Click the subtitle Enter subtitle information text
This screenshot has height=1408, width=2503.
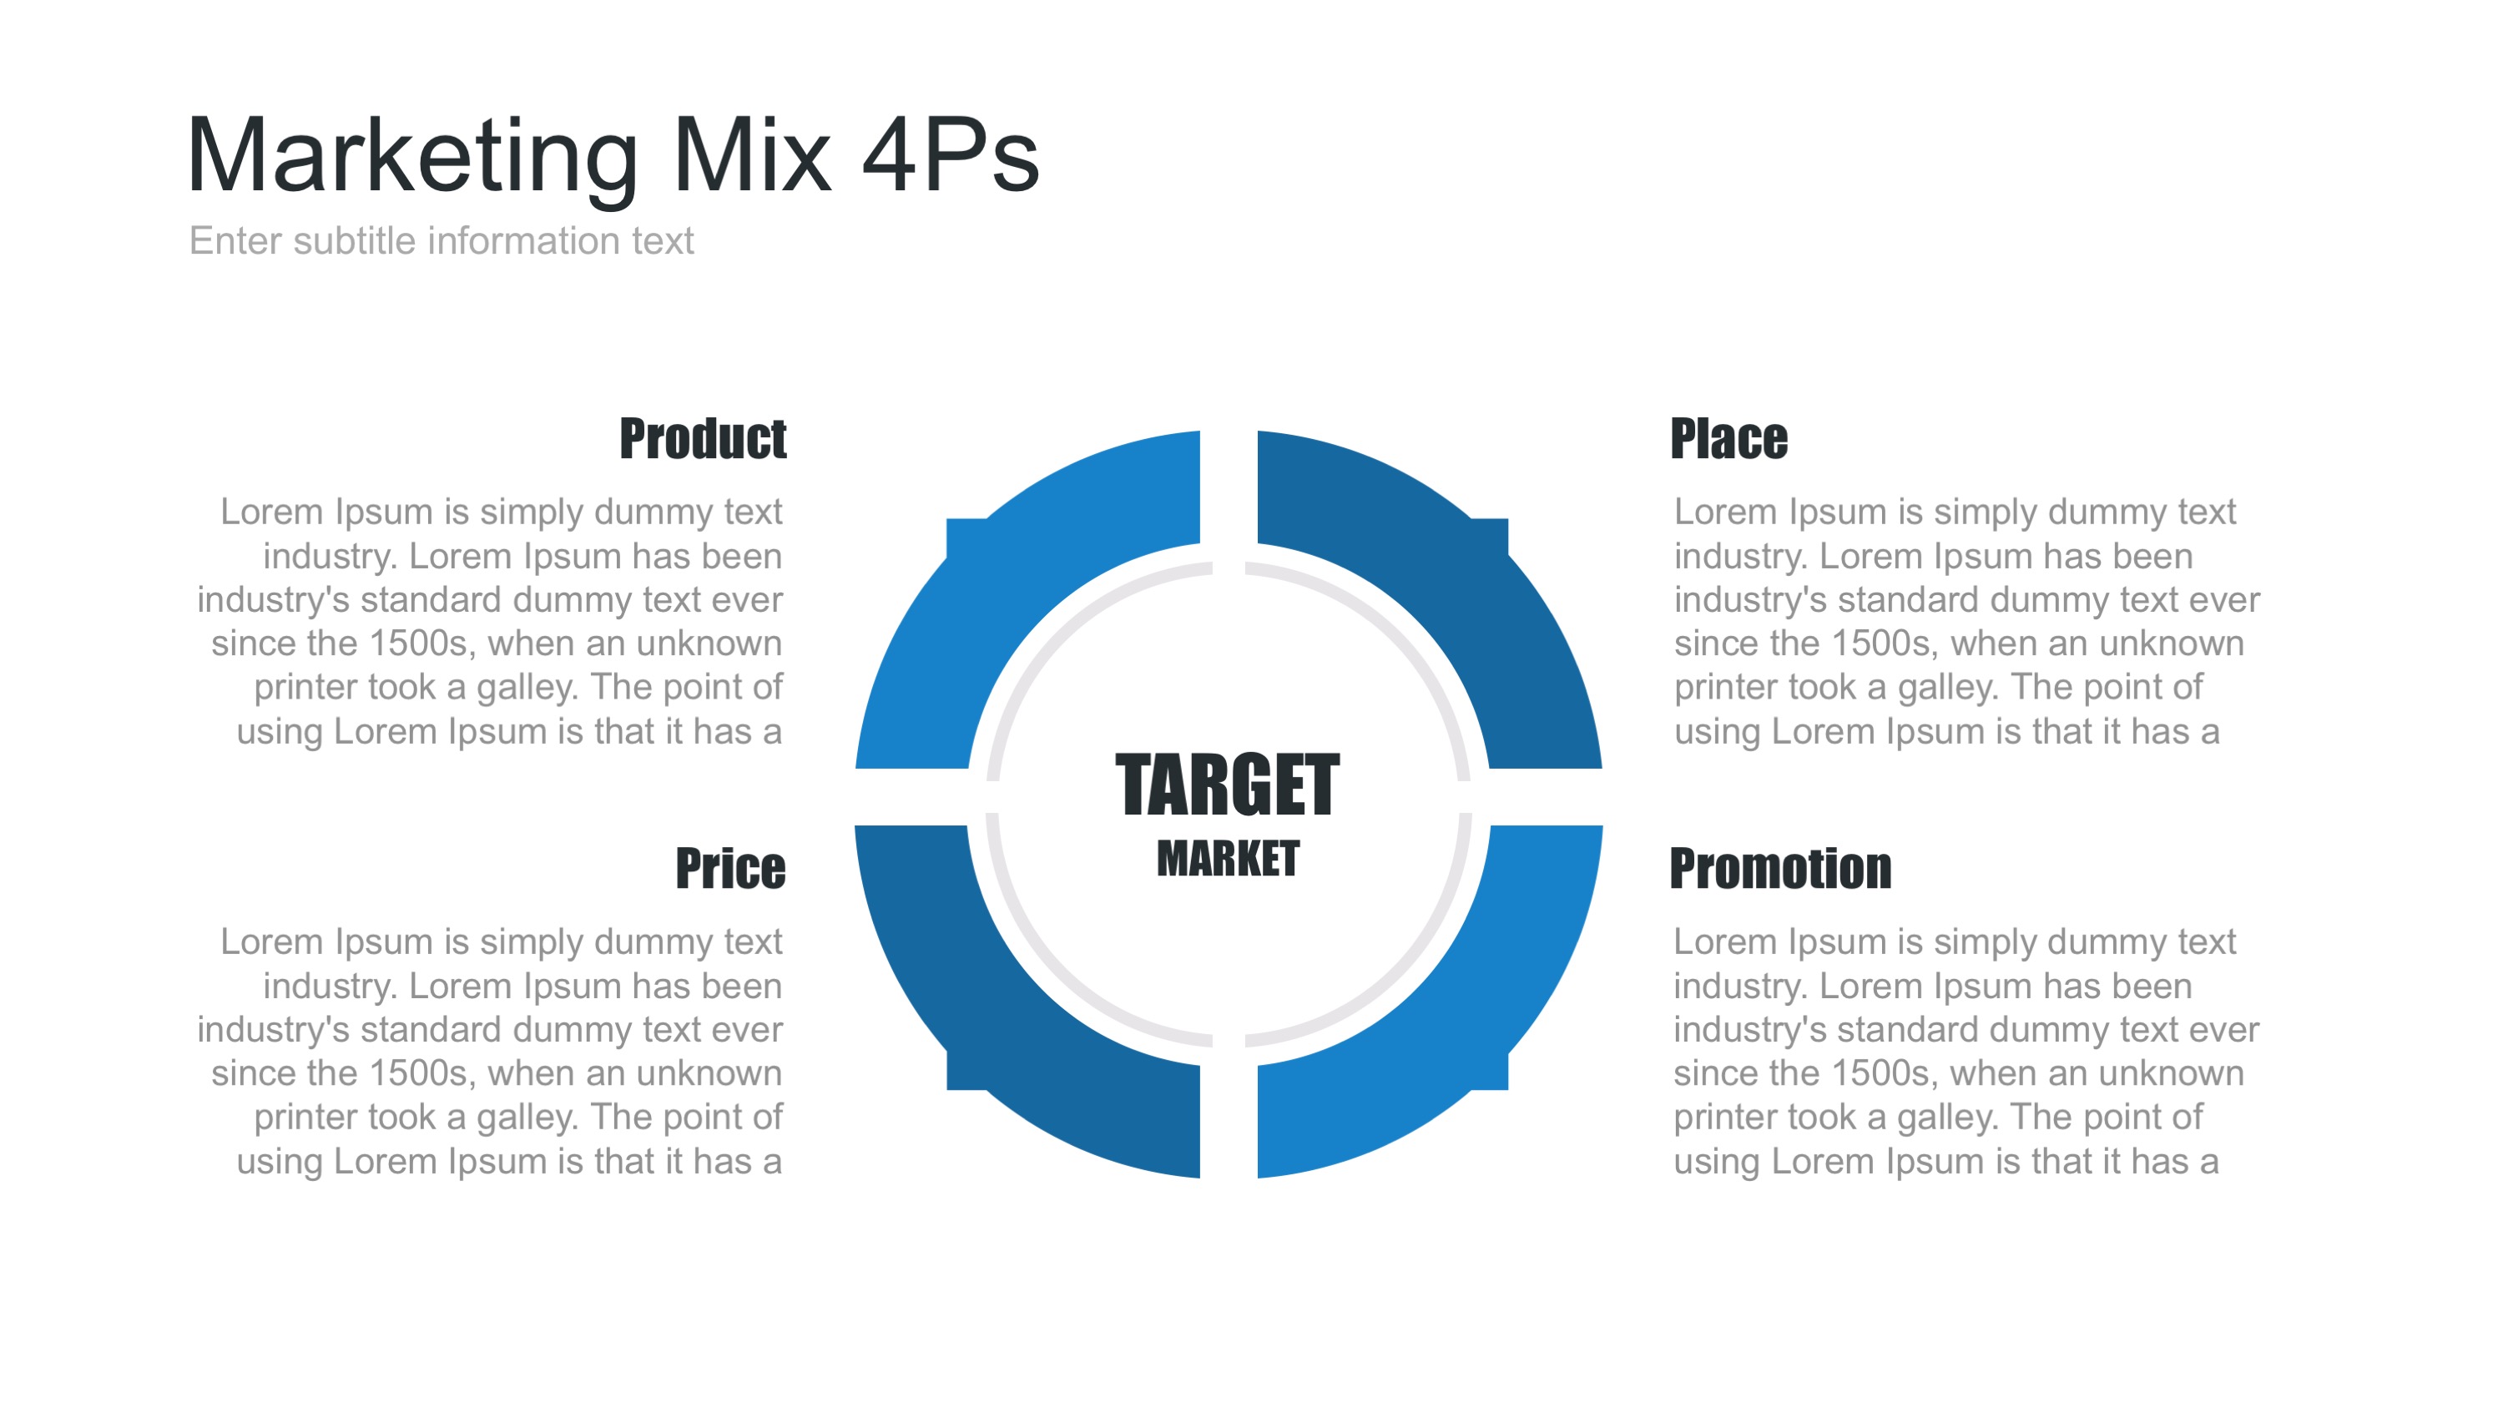click(x=442, y=241)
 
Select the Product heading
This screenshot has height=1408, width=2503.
click(x=703, y=438)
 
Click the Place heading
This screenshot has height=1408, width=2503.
click(x=1728, y=438)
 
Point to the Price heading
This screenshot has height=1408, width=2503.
click(x=729, y=868)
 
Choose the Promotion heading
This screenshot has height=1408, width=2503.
click(x=1780, y=868)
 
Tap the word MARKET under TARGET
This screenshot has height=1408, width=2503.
click(x=1227, y=859)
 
